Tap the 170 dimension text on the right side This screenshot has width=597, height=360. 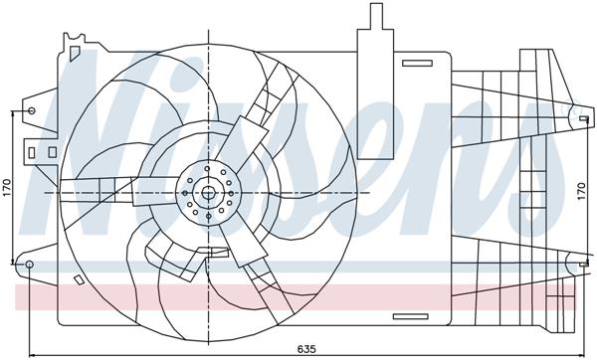click(x=584, y=191)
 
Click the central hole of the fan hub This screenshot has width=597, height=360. click(x=208, y=192)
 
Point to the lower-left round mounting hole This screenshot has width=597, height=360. click(x=30, y=266)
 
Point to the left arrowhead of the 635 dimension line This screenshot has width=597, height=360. click(x=32, y=350)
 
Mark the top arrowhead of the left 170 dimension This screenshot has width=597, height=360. click(x=12, y=111)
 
